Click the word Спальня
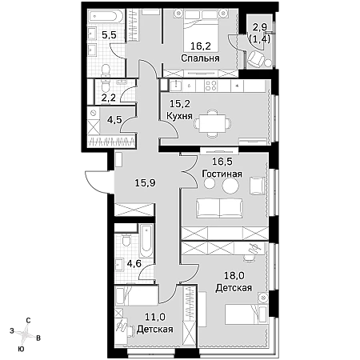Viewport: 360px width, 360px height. click(x=200, y=58)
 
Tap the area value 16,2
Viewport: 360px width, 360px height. click(x=201, y=46)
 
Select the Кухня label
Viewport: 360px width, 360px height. click(x=179, y=116)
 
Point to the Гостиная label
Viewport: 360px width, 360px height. click(x=222, y=174)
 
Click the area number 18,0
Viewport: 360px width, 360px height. click(x=234, y=276)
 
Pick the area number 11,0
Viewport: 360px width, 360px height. click(x=155, y=317)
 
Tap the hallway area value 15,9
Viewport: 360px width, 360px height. click(x=145, y=183)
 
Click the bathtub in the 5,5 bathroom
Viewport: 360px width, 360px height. click(x=106, y=17)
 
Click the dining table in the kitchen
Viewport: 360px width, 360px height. click(x=212, y=124)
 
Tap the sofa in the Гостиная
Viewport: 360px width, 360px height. click(x=219, y=208)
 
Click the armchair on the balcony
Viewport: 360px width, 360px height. click(x=255, y=59)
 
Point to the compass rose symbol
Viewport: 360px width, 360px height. click(x=25, y=333)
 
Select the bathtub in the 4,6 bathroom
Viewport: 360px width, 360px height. click(x=146, y=241)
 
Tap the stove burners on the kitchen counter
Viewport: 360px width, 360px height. click(x=210, y=86)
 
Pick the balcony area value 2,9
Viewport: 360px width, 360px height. click(x=260, y=27)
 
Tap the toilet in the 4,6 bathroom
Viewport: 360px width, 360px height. click(x=126, y=240)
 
